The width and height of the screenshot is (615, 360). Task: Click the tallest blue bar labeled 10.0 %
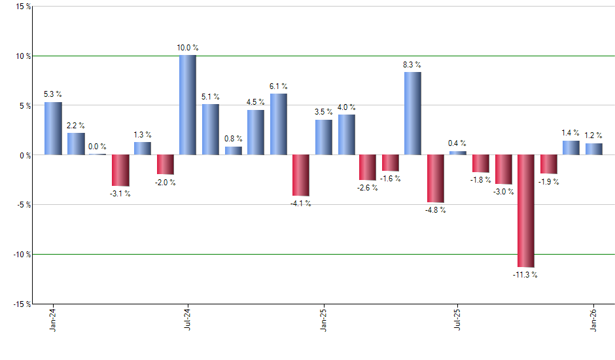pos(188,105)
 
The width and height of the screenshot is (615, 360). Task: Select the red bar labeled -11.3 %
pos(526,211)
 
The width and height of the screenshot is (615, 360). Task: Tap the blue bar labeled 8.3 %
pos(413,113)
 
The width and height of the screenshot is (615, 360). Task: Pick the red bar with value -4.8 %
pos(436,179)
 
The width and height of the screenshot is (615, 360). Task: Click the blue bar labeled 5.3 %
pos(53,128)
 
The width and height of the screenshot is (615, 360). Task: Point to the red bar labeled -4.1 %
pos(300,175)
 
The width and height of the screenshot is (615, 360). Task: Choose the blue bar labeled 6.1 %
pos(278,124)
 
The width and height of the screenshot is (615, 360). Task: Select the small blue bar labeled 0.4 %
pos(458,153)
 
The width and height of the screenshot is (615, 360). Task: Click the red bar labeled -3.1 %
pos(120,170)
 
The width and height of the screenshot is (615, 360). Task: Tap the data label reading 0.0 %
pos(98,147)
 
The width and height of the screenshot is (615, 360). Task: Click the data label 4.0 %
pos(347,107)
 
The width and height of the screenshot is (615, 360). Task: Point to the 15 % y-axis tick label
pos(22,7)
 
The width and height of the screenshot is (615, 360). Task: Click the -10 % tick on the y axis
pos(20,254)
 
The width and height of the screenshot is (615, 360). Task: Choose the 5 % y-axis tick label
pos(24,105)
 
